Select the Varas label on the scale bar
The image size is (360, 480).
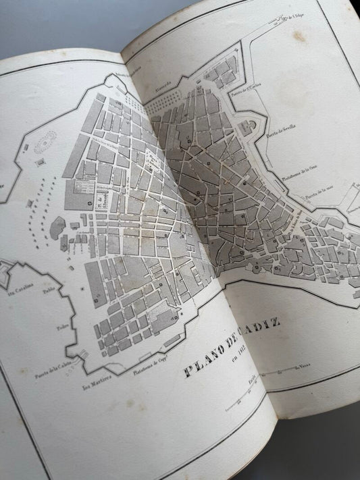(x=301, y=367)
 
